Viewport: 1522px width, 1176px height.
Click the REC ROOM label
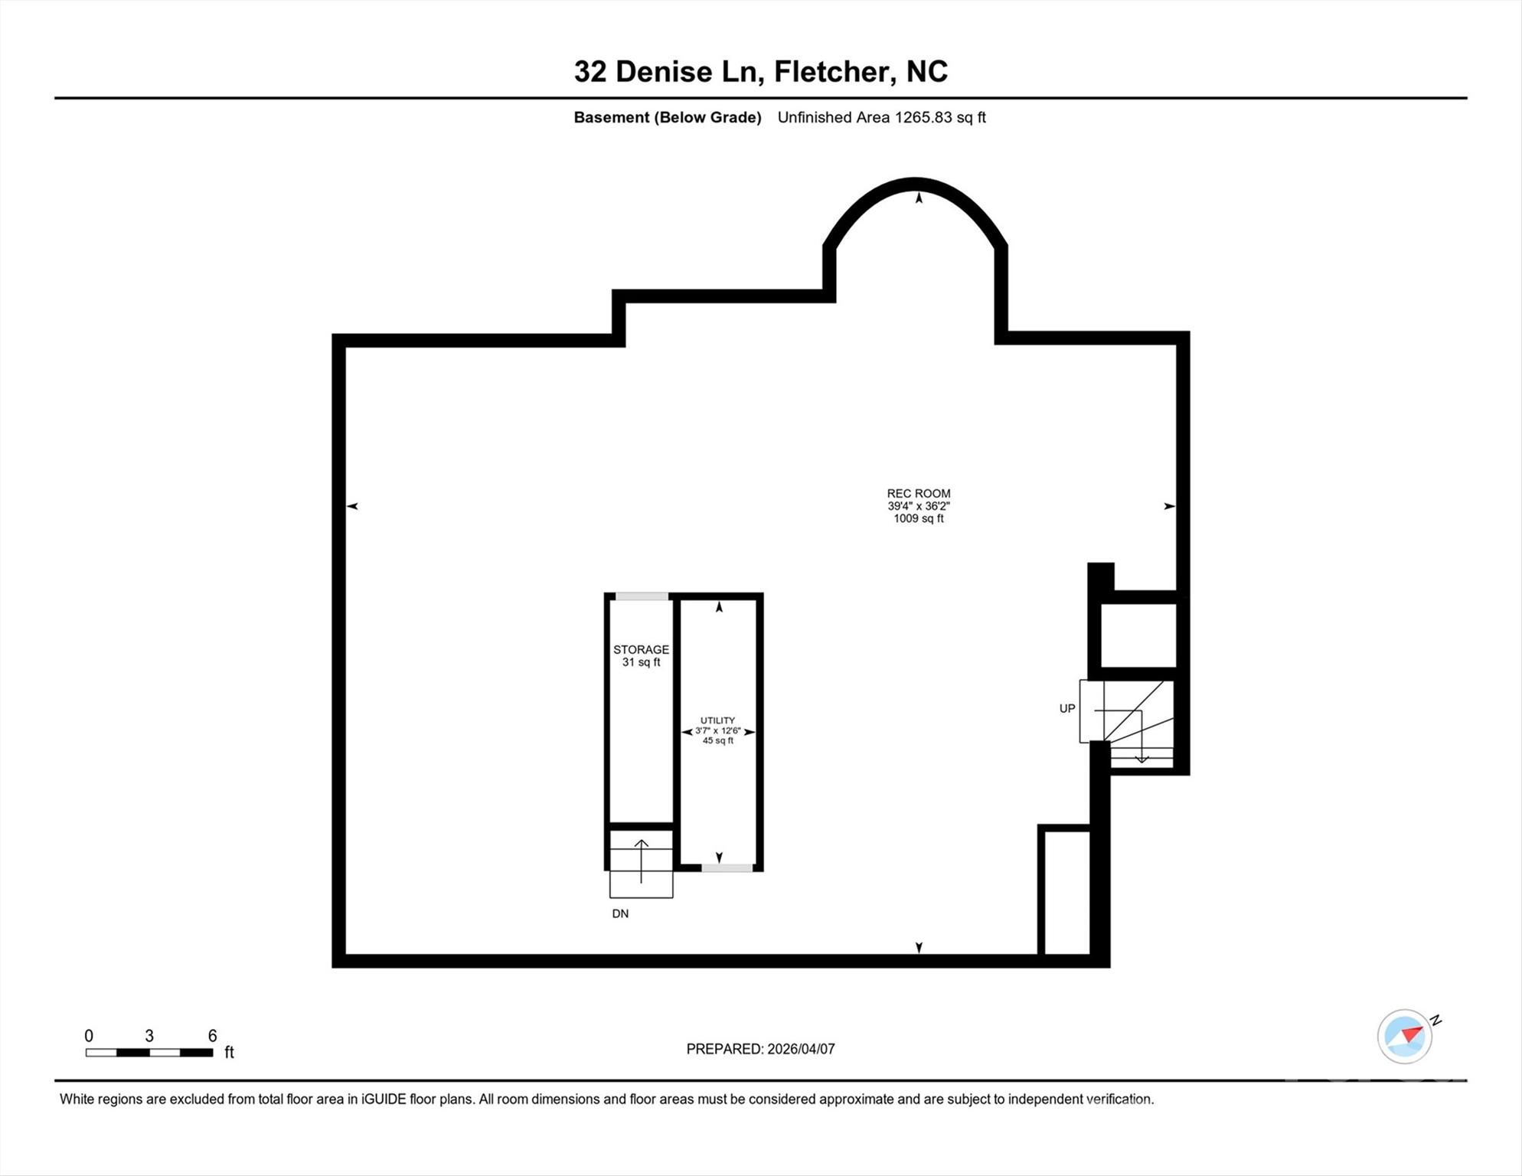[x=918, y=494]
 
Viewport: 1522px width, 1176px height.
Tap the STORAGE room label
[x=641, y=650]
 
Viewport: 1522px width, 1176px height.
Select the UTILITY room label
[x=717, y=720]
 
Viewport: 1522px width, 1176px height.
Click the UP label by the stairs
[x=1066, y=709]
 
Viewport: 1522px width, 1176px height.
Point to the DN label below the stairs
[x=620, y=913]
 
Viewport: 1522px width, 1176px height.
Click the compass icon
[x=1404, y=1037]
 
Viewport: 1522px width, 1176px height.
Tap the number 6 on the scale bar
[x=213, y=1036]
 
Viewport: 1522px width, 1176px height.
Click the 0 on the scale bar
[x=89, y=1036]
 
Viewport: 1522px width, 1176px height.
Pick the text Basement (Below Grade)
[x=668, y=117]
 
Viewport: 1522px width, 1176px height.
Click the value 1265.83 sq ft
[x=940, y=117]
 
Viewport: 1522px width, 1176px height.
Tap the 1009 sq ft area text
[x=918, y=518]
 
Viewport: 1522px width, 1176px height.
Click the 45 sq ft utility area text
[x=717, y=740]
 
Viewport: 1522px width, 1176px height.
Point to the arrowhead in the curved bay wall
[x=919, y=198]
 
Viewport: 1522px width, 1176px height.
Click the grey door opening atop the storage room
[x=642, y=596]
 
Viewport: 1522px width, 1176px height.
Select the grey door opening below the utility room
[x=727, y=867]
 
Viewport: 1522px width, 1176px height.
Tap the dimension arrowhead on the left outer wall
[x=352, y=506]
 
